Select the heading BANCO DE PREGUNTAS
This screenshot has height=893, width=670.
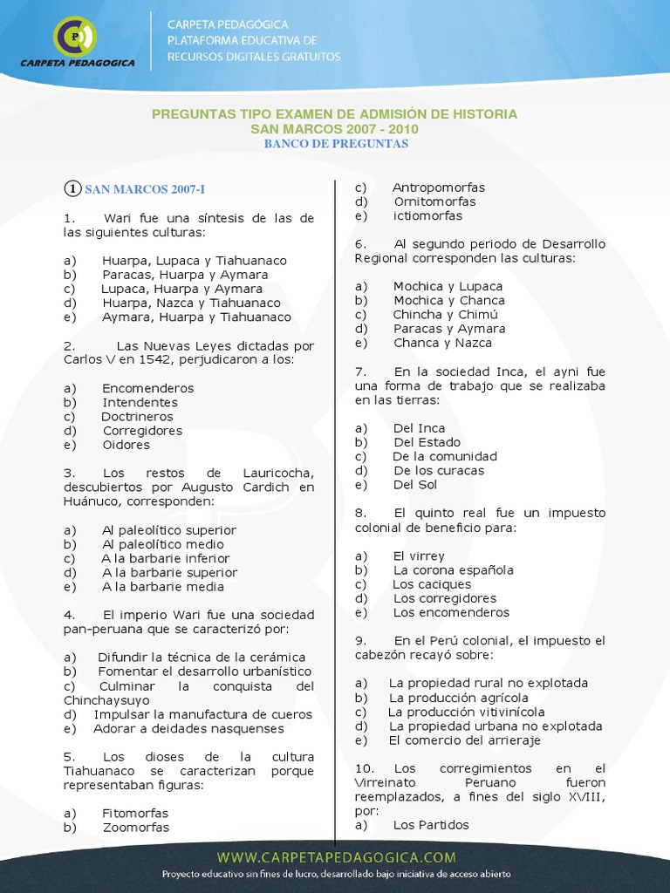click(336, 144)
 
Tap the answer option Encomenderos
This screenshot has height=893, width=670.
click(147, 388)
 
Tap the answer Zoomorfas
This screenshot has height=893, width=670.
click(135, 828)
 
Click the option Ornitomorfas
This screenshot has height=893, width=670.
click(434, 201)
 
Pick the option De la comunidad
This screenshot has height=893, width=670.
click(444, 456)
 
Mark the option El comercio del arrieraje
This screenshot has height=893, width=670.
click(464, 740)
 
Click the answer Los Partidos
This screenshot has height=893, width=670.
click(431, 825)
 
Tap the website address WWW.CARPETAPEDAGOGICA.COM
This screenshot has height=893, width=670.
click(336, 857)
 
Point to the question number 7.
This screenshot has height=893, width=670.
click(360, 372)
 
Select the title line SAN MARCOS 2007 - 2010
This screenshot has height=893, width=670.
click(334, 129)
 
